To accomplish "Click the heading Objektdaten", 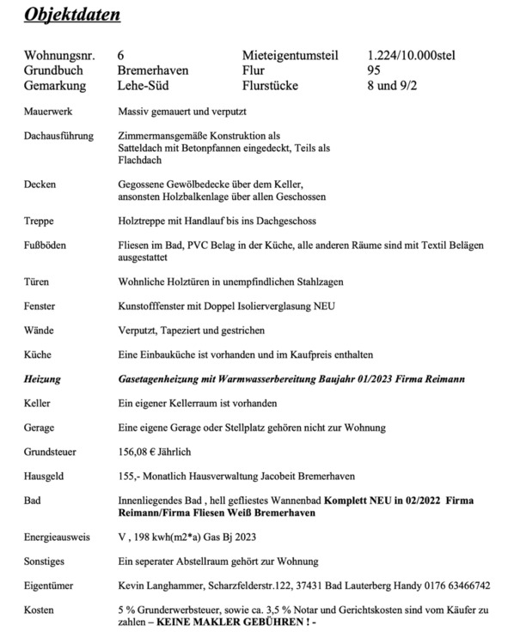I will point(72,15).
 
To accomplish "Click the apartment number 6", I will point(120,55).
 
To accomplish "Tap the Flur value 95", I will point(374,70).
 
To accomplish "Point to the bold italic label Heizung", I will point(43,378).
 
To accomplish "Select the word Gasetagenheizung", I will point(158,378).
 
